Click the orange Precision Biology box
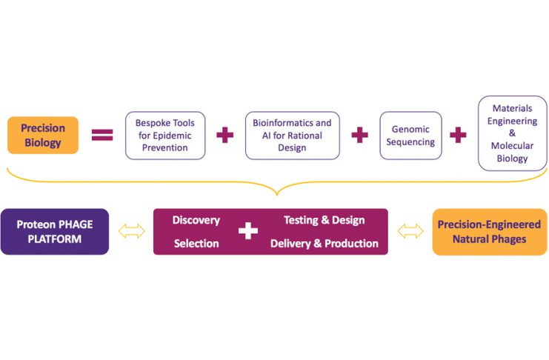[42, 135]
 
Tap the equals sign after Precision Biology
[102, 135]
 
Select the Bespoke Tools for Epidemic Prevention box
[165, 135]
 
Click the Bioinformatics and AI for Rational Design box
[292, 135]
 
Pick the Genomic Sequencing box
[410, 135]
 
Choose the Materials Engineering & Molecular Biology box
[512, 133]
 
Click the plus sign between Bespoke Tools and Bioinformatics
[224, 135]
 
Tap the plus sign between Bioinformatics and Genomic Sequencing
[359, 135]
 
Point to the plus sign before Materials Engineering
[459, 135]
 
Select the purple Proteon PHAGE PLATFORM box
[54, 231]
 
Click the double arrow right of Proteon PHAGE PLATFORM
[132, 231]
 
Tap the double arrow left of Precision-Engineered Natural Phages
[410, 231]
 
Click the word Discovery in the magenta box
[196, 220]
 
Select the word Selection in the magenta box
[196, 243]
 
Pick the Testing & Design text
[324, 220]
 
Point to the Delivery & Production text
[324, 243]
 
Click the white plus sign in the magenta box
[248, 231]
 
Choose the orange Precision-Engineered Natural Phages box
[490, 231]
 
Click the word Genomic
[410, 128]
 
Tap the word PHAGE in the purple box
[76, 224]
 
